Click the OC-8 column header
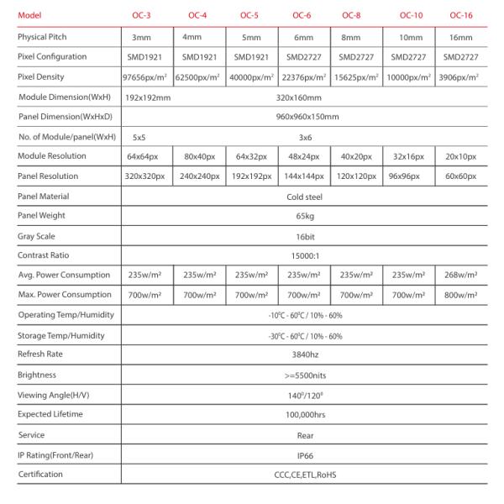354,15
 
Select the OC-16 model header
460,15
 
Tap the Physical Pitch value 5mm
249,39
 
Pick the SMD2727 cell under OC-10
407,56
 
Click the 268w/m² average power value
460,275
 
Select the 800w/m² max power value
460,295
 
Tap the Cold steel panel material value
305,197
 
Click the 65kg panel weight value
305,217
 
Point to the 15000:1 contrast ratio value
305,255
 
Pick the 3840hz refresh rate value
305,354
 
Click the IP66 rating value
305,455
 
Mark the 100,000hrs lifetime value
305,415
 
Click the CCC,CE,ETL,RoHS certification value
305,475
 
